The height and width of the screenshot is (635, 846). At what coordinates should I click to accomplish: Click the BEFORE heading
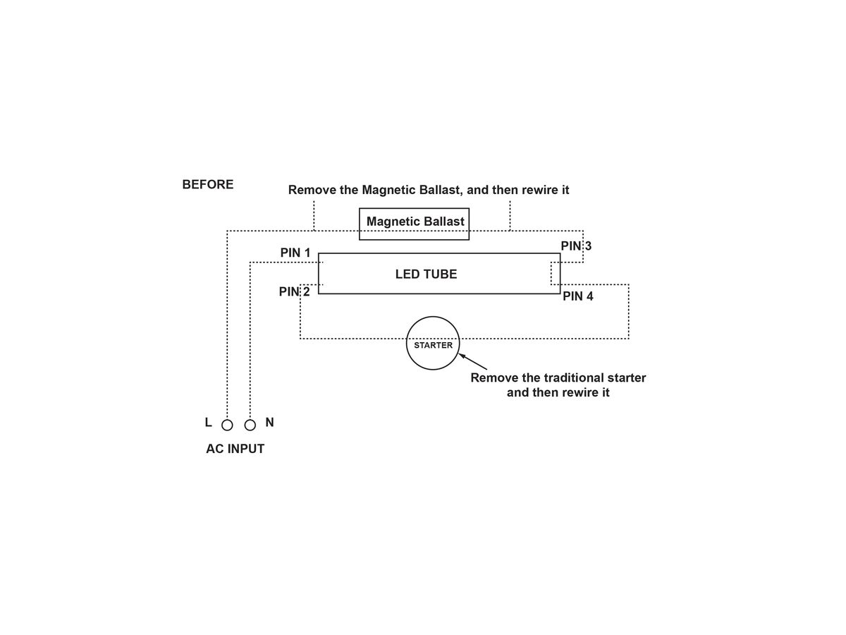[x=208, y=185]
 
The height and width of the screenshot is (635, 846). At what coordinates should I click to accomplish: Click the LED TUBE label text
[x=426, y=274]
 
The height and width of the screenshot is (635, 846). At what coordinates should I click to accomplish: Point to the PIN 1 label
[x=295, y=253]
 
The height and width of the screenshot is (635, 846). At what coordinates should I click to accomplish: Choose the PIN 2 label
[x=294, y=292]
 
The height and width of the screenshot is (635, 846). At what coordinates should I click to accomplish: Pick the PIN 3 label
[x=576, y=246]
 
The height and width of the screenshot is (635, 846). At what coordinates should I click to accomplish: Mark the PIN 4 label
[x=577, y=296]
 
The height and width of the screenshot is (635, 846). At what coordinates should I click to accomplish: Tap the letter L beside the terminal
[x=209, y=423]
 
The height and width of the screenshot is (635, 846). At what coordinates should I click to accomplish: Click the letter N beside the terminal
[x=270, y=423]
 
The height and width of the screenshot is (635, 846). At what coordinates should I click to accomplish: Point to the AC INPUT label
[x=235, y=449]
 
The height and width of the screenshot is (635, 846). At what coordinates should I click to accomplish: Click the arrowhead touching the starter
[x=462, y=356]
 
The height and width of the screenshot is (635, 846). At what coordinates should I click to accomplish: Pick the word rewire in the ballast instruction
[x=537, y=190]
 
